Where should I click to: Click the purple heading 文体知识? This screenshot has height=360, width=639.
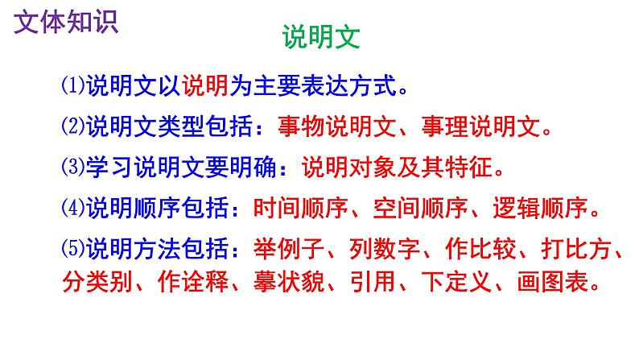click(66, 21)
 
